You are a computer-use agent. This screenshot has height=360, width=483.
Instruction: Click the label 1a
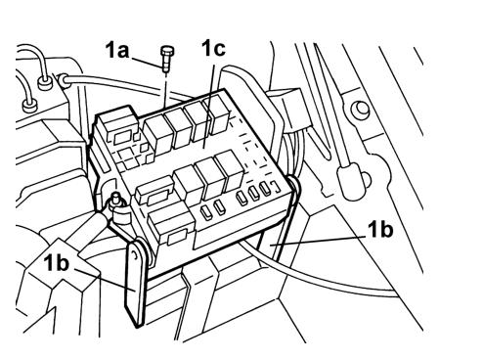(117, 51)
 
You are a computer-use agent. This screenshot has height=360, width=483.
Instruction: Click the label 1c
(214, 48)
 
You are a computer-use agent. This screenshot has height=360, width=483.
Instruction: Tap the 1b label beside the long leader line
(380, 229)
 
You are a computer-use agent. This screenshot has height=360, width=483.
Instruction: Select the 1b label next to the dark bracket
(58, 262)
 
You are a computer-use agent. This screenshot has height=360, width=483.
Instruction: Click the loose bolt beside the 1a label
(167, 59)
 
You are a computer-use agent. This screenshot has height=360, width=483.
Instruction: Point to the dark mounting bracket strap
(135, 284)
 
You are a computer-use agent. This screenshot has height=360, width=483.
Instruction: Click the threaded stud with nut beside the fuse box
(116, 203)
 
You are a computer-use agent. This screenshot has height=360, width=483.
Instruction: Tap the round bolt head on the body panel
(360, 111)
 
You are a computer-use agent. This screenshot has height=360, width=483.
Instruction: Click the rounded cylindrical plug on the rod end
(350, 183)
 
